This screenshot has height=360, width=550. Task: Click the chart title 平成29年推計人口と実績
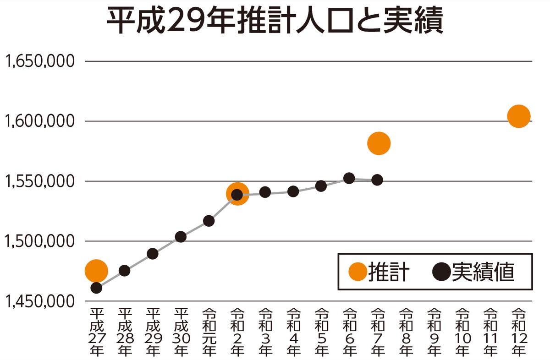click(275, 21)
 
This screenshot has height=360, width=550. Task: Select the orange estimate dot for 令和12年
click(519, 116)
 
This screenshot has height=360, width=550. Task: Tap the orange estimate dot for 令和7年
click(379, 143)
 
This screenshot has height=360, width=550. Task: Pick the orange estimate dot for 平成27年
click(96, 271)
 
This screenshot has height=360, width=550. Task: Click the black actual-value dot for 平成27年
click(96, 288)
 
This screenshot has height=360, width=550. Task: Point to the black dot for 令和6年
click(349, 178)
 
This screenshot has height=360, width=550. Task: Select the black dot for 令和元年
click(209, 221)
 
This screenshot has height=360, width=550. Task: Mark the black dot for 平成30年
click(181, 237)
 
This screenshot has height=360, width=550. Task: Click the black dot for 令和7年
click(377, 180)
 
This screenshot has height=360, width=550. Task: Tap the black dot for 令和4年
click(293, 191)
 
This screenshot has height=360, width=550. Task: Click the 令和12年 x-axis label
click(519, 333)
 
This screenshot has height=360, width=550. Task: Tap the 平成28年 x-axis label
click(124, 333)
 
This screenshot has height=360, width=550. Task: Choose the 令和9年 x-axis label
click(434, 333)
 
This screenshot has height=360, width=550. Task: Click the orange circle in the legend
click(357, 272)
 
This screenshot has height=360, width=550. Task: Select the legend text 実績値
click(484, 272)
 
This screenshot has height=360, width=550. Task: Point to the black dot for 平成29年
click(153, 254)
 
